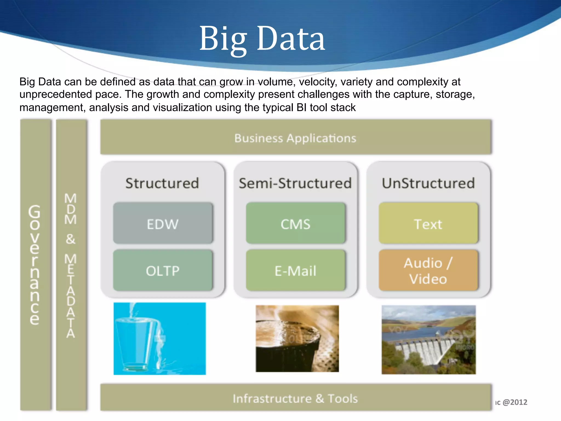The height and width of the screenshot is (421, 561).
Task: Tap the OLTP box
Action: (x=163, y=271)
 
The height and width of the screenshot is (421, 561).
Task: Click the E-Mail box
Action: (x=295, y=271)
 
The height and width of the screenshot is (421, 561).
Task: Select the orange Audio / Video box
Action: (x=428, y=271)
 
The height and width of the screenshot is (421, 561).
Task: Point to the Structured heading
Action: (x=162, y=183)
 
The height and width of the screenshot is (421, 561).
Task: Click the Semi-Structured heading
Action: (x=295, y=183)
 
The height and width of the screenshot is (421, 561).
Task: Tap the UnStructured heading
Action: (x=428, y=183)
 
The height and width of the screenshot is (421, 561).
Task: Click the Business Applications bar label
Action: (x=295, y=138)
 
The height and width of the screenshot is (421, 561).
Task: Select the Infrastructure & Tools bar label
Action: (x=295, y=398)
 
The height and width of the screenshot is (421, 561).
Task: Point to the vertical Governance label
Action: (x=35, y=264)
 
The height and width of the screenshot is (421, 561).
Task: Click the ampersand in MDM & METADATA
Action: (x=71, y=239)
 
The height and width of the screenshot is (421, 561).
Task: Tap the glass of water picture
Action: (x=159, y=339)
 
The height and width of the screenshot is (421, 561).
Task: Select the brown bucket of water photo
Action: (x=297, y=339)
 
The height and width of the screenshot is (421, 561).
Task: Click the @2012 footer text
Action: (x=515, y=402)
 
